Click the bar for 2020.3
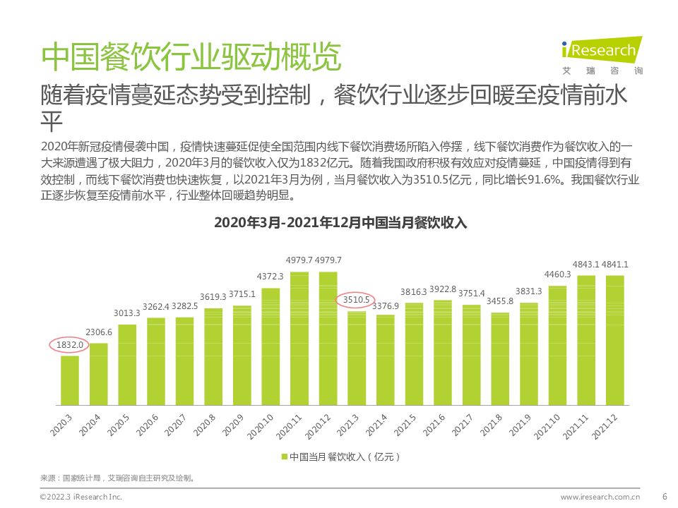70,380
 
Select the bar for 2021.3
357,358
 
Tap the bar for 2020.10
270,346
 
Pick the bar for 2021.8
500,359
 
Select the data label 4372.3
270,277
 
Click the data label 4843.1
585,264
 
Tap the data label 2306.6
99,332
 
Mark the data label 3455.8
500,301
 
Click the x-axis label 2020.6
148,425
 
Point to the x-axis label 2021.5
405,425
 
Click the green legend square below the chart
285,456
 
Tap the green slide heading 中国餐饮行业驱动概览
191,58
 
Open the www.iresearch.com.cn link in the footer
600,497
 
